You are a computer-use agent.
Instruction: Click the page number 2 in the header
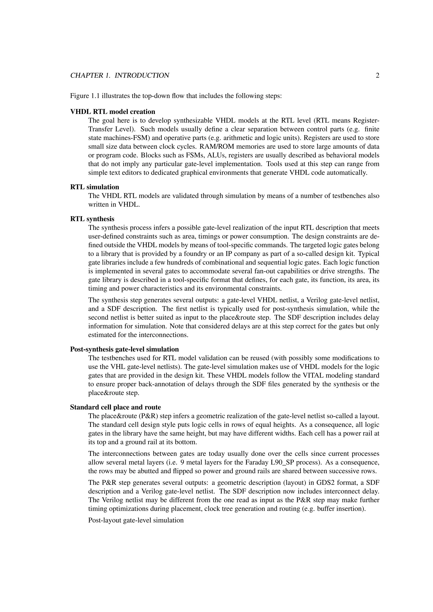pos(377,76)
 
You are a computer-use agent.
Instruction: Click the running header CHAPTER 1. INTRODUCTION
pos(120,76)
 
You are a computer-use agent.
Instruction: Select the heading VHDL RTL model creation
pos(112,111)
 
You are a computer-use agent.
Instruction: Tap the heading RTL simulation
pos(95,187)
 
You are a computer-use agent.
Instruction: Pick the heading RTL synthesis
pos(92,219)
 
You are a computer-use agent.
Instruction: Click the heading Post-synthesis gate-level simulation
pos(124,349)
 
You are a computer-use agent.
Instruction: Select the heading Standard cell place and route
pos(115,407)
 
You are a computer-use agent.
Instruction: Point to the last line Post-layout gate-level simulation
pos(136,520)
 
